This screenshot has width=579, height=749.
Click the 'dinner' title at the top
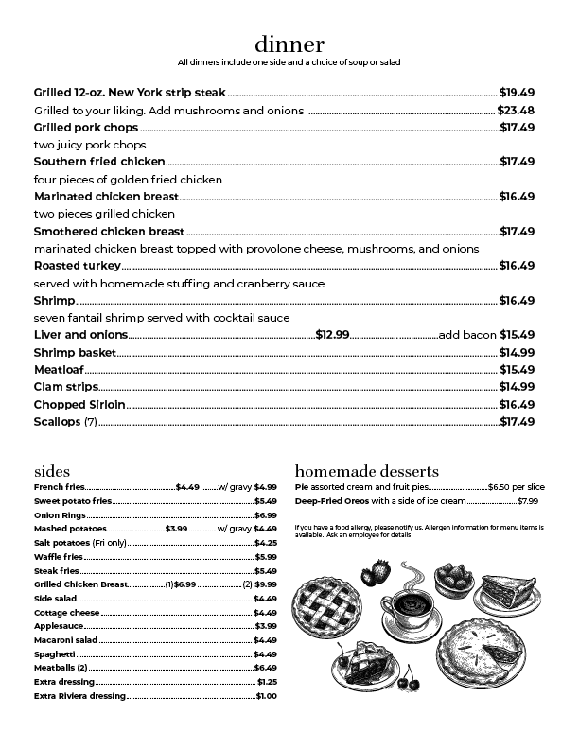point(289,44)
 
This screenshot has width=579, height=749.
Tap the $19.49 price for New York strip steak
point(518,93)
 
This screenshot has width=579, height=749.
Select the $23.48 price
point(517,111)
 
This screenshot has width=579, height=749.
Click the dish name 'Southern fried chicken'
point(99,162)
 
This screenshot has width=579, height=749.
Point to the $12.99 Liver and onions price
point(332,335)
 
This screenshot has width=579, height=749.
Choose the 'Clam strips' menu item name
point(65,386)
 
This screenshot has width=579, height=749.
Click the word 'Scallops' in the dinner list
point(58,421)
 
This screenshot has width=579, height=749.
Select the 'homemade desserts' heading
point(366,470)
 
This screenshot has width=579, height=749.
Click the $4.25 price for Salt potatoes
point(266,543)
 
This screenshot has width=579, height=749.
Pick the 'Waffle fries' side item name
point(58,557)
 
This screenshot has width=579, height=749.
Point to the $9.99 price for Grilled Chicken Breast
point(266,585)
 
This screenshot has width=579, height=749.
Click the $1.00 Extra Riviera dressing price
point(267,696)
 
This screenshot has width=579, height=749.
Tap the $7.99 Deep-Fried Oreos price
point(528,501)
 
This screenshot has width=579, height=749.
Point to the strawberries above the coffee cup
point(377,571)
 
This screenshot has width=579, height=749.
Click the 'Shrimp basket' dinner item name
point(75,352)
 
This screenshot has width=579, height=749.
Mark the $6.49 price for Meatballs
point(266,668)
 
